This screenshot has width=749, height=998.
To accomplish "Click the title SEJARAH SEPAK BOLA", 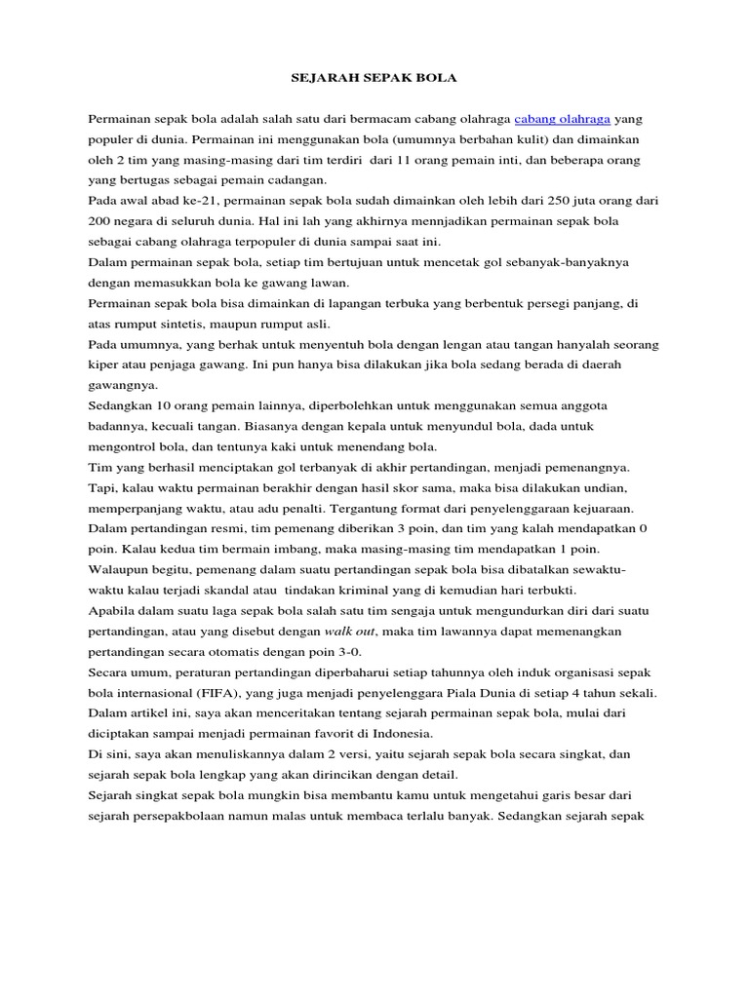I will (374, 77).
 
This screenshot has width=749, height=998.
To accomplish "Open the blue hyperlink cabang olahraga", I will (563, 118).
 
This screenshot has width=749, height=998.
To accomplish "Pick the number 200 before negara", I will (102, 220).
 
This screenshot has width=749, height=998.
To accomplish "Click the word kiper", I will (104, 364).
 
